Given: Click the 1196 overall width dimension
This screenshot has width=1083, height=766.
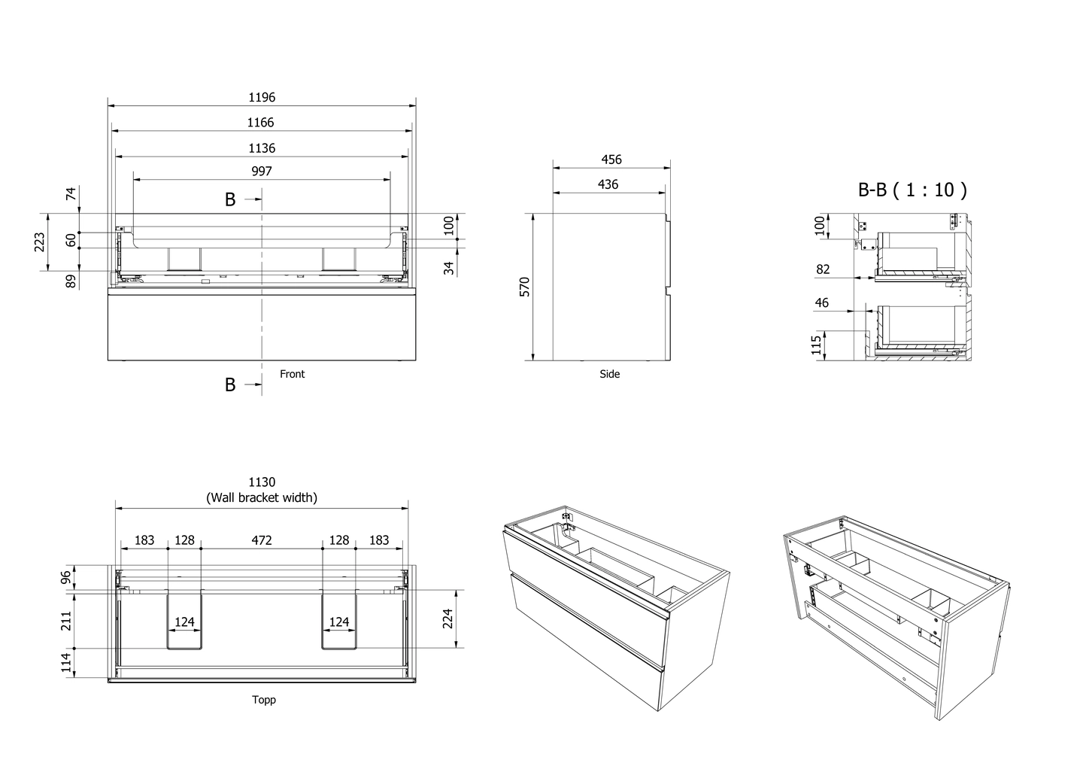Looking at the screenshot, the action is [262, 97].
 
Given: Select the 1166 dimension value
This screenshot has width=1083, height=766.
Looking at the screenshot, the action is [260, 123].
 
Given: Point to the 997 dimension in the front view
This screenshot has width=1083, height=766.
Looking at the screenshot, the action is [262, 172].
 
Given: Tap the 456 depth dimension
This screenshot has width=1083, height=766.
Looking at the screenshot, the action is [611, 160].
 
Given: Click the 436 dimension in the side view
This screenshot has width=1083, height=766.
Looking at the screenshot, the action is [608, 184].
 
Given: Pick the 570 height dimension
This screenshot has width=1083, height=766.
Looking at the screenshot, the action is [525, 287].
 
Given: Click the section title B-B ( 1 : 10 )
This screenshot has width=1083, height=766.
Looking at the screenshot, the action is [912, 190].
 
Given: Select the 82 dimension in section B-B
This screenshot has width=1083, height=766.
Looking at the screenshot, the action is [823, 269].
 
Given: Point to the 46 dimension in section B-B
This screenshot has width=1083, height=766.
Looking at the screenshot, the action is [822, 302].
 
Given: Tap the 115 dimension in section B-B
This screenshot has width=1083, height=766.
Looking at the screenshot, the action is [816, 345].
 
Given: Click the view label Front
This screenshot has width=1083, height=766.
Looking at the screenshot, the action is [292, 374].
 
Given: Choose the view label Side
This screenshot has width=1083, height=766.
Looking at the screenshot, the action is [610, 374].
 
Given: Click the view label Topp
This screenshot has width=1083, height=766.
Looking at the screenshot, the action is [264, 700].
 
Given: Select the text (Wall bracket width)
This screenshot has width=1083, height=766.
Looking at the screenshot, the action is [262, 497].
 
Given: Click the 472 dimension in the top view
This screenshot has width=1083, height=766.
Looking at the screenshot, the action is [262, 540].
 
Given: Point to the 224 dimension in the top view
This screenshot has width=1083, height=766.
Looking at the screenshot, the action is [447, 619].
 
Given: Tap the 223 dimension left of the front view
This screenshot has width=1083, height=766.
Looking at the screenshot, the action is [40, 242].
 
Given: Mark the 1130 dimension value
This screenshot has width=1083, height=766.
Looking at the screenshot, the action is [262, 482].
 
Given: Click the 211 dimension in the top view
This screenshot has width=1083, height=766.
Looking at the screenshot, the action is [66, 621].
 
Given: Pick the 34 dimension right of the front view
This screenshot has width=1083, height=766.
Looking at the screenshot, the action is [450, 268].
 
